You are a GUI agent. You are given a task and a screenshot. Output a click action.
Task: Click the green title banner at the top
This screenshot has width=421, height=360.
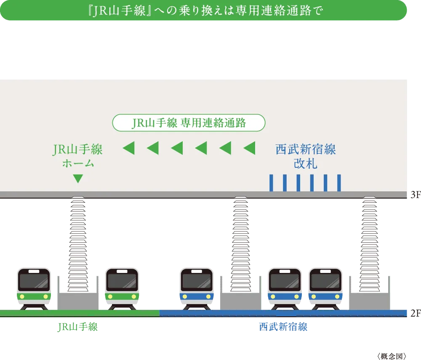pyautogui.click(x=203, y=10)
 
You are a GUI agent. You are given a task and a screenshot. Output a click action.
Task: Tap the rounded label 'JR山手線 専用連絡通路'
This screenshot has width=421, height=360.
pyautogui.click(x=189, y=123)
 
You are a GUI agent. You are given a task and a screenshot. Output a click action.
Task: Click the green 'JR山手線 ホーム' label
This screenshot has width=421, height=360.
pyautogui.click(x=77, y=156)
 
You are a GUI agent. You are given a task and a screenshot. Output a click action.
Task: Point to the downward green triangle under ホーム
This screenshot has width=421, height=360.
pyautogui.click(x=78, y=178)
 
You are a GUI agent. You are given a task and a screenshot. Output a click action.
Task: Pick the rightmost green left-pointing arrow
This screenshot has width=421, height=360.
pyautogui.click(x=249, y=148)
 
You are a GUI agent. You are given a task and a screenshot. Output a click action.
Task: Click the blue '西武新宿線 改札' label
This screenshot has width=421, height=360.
pyautogui.click(x=306, y=156)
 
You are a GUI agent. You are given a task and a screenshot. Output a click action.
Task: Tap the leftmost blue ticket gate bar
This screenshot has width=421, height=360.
pyautogui.click(x=271, y=183)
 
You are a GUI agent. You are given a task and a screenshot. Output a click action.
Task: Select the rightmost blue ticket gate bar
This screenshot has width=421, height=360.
pyautogui.click(x=339, y=183)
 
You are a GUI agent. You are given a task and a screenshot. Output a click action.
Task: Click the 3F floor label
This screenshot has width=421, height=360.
pyautogui.click(x=416, y=195)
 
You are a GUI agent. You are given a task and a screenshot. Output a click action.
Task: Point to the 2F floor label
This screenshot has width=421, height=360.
pyautogui.click(x=416, y=313)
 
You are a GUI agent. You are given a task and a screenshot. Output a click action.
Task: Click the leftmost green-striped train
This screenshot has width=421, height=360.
pyautogui.click(x=34, y=289)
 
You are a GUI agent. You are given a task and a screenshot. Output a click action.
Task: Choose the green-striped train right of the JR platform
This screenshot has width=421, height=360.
pyautogui.click(x=122, y=289)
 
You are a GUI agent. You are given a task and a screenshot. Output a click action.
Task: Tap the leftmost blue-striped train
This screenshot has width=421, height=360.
pyautogui.click(x=197, y=289)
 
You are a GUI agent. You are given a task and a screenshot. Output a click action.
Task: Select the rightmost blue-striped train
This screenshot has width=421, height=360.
pyautogui.click(x=325, y=289)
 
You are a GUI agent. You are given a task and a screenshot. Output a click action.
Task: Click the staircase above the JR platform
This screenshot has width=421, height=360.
pyautogui.click(x=78, y=244)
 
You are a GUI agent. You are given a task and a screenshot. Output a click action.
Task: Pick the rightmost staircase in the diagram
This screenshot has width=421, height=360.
pyautogui.click(x=370, y=244)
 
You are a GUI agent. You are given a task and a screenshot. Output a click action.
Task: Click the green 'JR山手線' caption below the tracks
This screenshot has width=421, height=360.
pyautogui.click(x=77, y=327)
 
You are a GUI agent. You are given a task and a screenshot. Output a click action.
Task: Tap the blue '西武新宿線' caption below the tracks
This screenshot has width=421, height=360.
pyautogui.click(x=283, y=327)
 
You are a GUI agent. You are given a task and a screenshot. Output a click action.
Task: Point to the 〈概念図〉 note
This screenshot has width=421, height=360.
pyautogui.click(x=392, y=356)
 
